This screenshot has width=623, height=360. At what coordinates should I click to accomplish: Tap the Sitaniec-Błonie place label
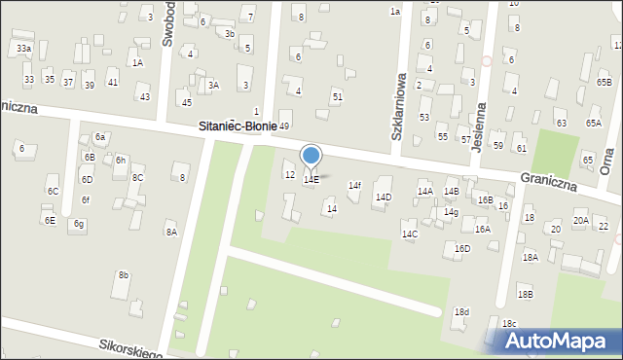[x=238, y=126]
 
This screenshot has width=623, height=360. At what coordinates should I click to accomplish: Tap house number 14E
[x=311, y=180]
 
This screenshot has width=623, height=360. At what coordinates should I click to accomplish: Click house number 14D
[x=384, y=198]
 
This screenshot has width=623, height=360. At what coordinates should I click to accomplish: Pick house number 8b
[x=124, y=275]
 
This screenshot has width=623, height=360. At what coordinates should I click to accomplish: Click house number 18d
[x=461, y=311]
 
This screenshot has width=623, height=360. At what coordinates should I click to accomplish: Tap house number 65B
[x=605, y=83]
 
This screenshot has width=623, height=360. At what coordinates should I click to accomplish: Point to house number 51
[x=337, y=96]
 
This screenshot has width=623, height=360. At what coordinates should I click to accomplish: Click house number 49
[x=284, y=126]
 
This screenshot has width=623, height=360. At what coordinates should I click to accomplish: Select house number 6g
[x=79, y=224]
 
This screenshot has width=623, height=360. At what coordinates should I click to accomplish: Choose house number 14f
[x=355, y=185]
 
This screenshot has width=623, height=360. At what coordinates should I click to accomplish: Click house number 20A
[x=580, y=221]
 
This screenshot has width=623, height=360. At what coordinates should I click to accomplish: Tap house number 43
[x=145, y=96]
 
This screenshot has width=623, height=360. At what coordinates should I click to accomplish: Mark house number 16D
[x=462, y=248]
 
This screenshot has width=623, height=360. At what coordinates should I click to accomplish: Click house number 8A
[x=170, y=232]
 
